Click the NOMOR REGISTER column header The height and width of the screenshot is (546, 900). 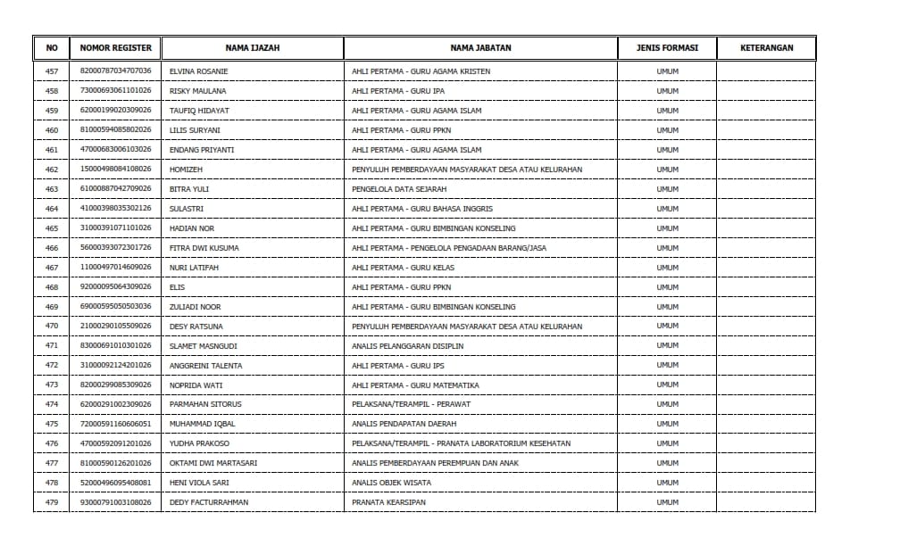(x=116, y=48)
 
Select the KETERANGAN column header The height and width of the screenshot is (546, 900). (x=766, y=48)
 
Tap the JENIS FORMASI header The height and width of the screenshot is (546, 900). (x=667, y=48)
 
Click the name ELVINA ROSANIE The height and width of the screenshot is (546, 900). (x=198, y=71)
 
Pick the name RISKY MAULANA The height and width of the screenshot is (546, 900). (x=197, y=91)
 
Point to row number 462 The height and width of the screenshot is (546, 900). (x=51, y=170)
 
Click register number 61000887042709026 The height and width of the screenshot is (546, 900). (x=116, y=189)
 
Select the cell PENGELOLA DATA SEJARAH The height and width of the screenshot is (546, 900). (x=399, y=189)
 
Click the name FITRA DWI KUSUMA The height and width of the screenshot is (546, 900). (x=204, y=248)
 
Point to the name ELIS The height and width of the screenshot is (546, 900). (x=177, y=287)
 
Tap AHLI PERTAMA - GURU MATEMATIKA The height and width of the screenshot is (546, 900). (x=415, y=385)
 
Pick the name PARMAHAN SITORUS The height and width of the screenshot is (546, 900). (x=205, y=404)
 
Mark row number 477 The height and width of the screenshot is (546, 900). (x=51, y=463)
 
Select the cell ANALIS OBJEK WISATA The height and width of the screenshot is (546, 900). (x=391, y=483)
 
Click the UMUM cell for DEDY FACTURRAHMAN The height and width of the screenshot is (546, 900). (x=667, y=502)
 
